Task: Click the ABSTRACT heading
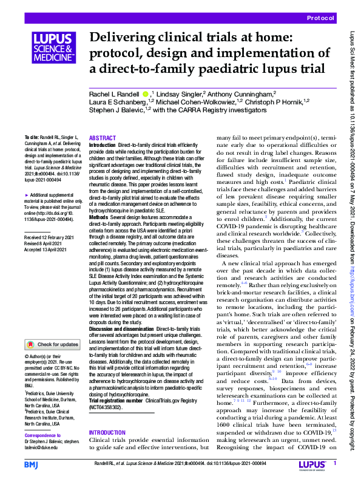coord(102,139)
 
